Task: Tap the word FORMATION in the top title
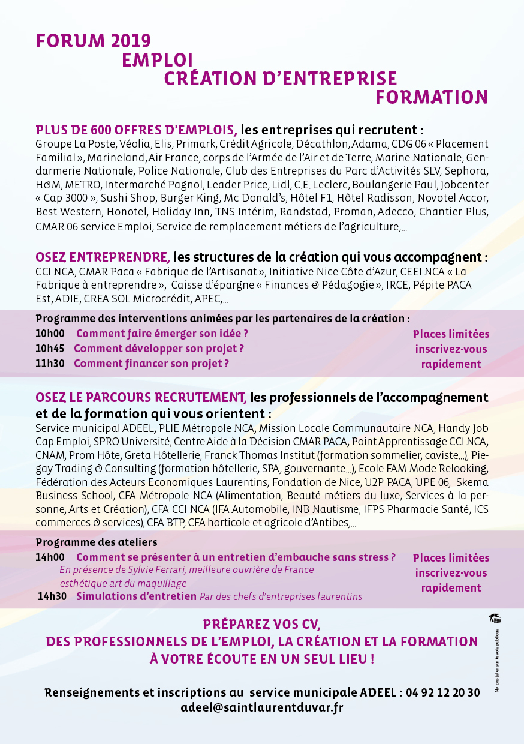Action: click(x=432, y=98)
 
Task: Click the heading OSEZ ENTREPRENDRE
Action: click(x=103, y=257)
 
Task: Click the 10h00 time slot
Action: click(x=50, y=334)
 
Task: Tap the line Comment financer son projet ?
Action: click(x=151, y=364)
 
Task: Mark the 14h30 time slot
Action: click(x=52, y=596)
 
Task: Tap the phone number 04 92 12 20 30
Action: click(x=442, y=692)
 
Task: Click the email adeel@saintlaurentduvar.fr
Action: click(x=262, y=707)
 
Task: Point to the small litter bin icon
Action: click(x=495, y=619)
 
